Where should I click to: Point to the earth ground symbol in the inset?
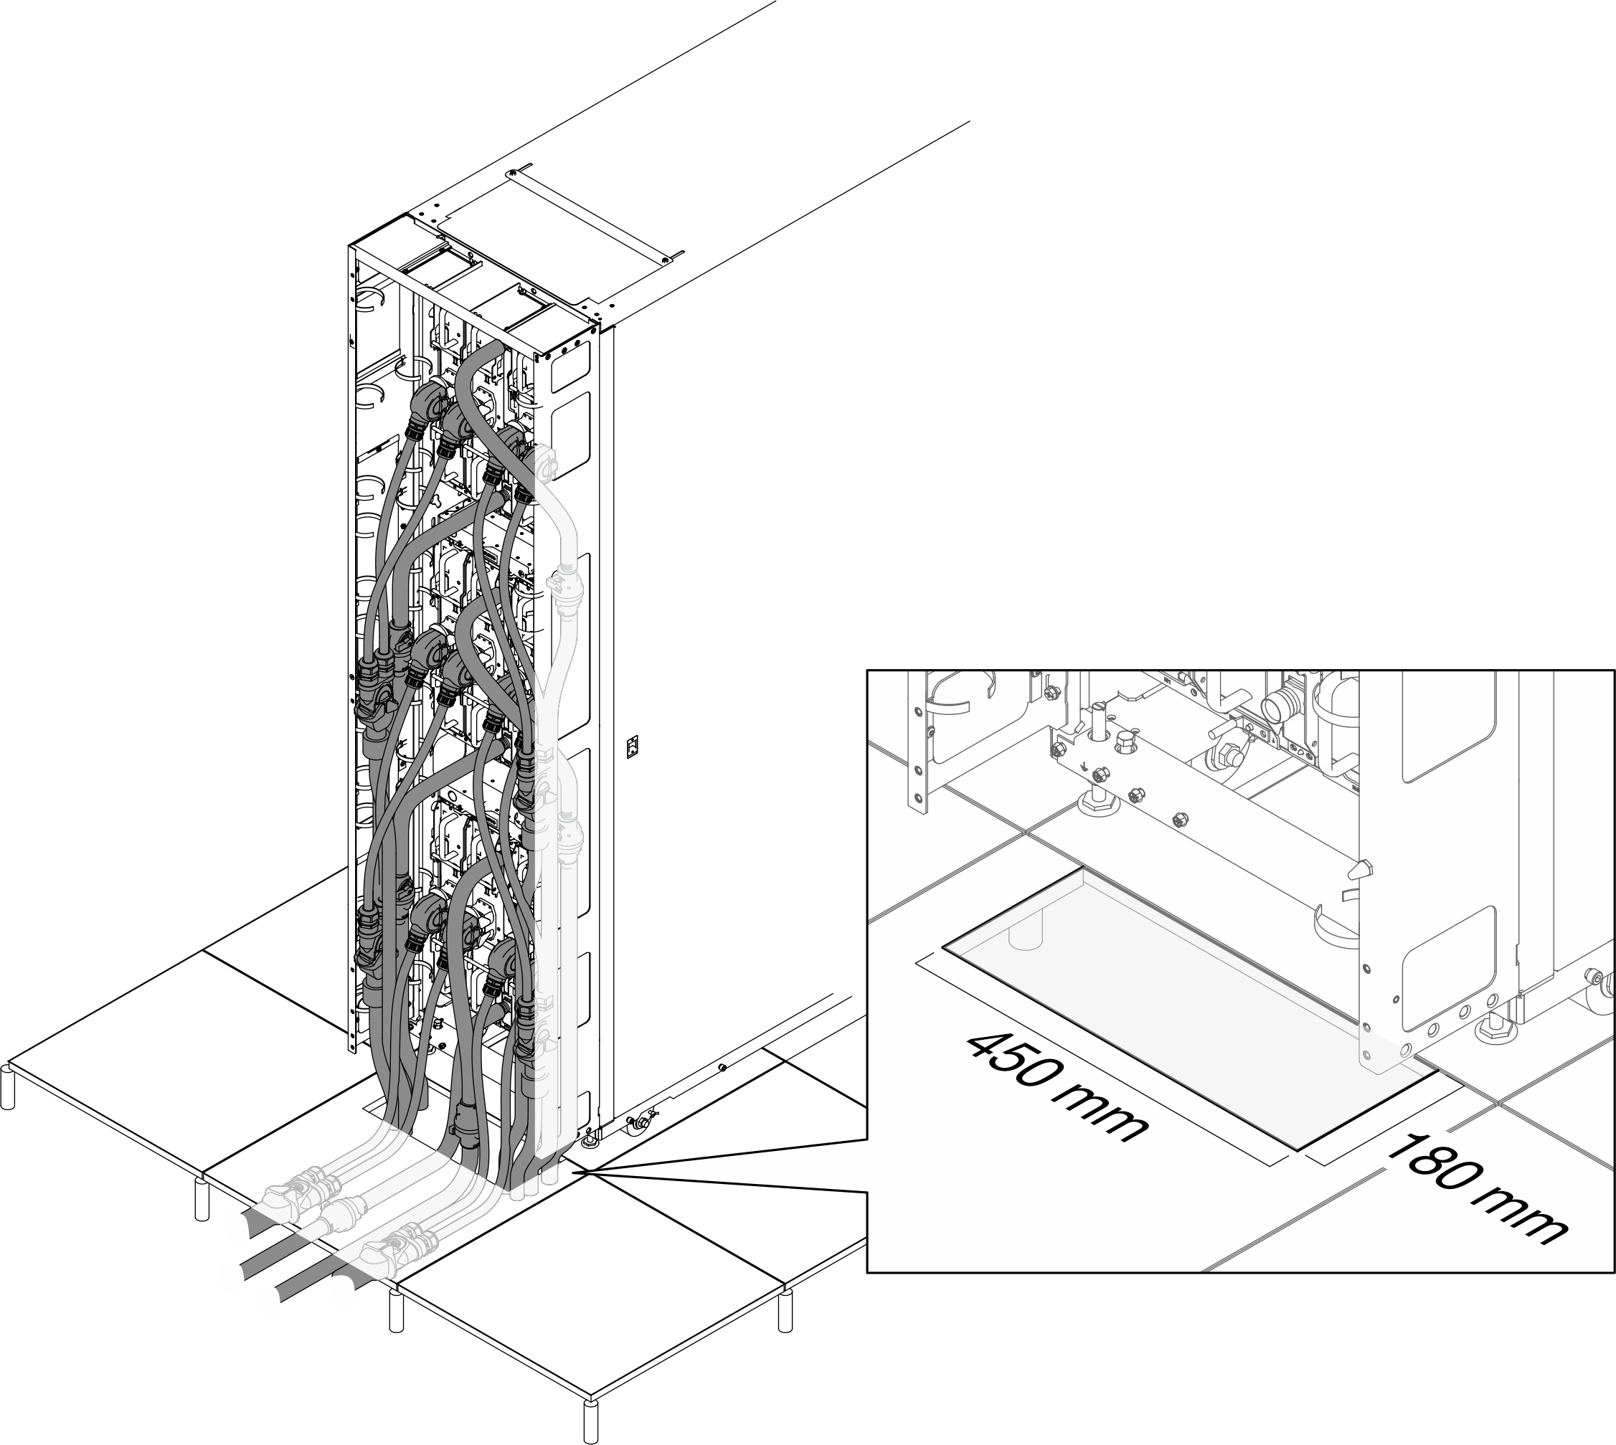pyautogui.click(x=1085, y=768)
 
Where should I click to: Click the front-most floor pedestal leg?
pyautogui.click(x=590, y=1421)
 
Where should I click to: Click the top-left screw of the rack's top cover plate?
pyautogui.click(x=513, y=172)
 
